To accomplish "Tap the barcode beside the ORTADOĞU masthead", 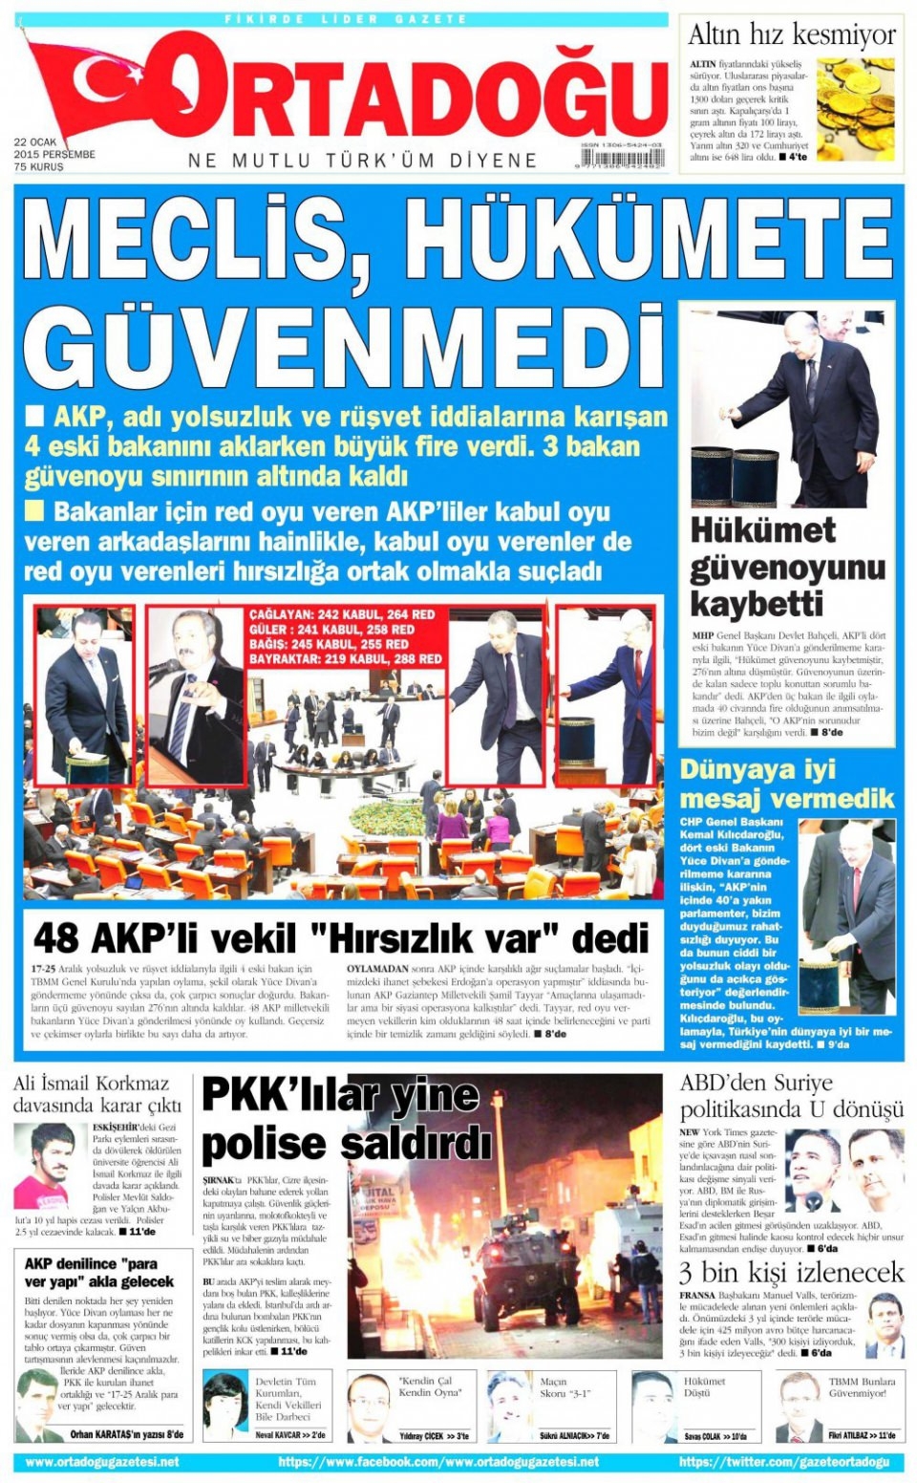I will (622, 159).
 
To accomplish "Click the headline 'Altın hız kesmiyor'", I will (791, 35).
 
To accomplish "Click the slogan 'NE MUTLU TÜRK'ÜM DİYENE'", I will (363, 161).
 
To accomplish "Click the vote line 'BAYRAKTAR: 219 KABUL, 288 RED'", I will (346, 659).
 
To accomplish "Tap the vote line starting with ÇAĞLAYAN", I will (342, 614).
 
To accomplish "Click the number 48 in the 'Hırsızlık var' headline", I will (55, 938).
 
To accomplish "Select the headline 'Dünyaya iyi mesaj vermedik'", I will (786, 784).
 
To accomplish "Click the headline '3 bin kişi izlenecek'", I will (791, 1273).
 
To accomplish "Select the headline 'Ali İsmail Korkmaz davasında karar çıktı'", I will (96, 1094).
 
